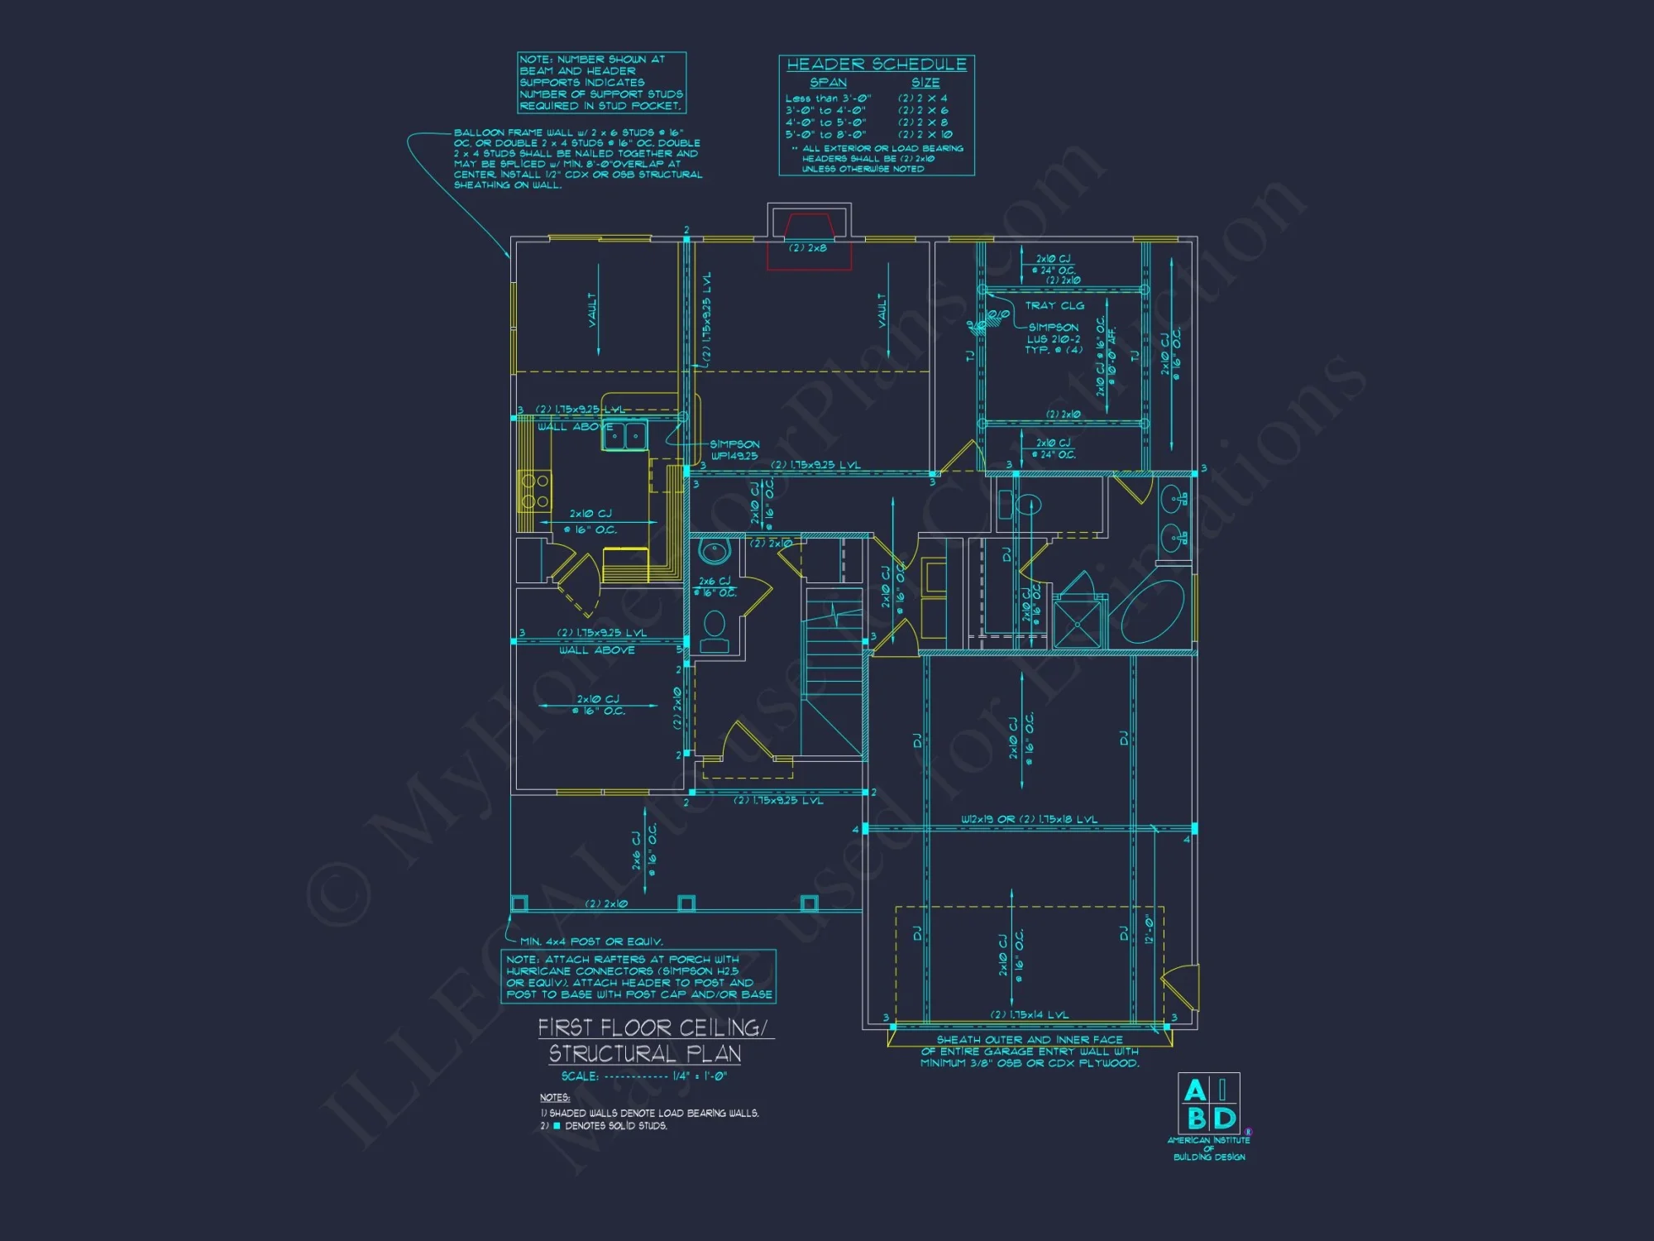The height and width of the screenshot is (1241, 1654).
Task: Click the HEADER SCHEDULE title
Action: pyautogui.click(x=877, y=65)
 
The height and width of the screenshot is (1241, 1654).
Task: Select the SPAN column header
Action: pyautogui.click(x=828, y=83)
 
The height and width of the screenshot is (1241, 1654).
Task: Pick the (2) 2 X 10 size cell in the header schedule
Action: pyautogui.click(x=925, y=134)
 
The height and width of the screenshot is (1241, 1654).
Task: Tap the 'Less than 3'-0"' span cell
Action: pyautogui.click(x=828, y=98)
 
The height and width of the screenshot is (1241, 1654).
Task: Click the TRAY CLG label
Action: pyautogui.click(x=1054, y=306)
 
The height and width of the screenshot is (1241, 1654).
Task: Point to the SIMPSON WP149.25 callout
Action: pyautogui.click(x=734, y=450)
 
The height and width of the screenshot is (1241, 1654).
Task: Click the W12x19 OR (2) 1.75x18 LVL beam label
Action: pyautogui.click(x=1029, y=819)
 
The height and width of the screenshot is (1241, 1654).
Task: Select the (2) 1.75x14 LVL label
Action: pyautogui.click(x=1029, y=1014)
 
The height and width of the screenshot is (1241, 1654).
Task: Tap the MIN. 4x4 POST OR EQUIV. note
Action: pyautogui.click(x=591, y=942)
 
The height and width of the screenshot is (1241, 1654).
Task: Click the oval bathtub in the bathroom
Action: pyautogui.click(x=1153, y=612)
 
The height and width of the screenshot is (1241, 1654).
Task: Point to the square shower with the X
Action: pyautogui.click(x=1078, y=623)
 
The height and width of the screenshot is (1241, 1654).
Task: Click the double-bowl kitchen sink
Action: pyautogui.click(x=625, y=436)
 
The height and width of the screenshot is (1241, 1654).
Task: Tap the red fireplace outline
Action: pyautogui.click(x=809, y=240)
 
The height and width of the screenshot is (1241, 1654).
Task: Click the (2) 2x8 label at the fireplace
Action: pyautogui.click(x=807, y=248)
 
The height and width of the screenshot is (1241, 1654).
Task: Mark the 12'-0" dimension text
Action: pyautogui.click(x=1149, y=929)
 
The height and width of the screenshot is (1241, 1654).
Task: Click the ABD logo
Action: pyautogui.click(x=1208, y=1103)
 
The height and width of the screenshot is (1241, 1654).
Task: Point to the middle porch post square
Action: pyautogui.click(x=686, y=903)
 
